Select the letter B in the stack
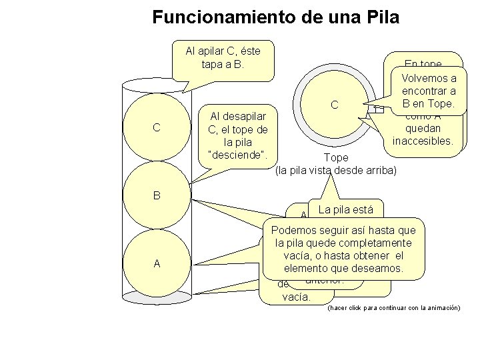156,196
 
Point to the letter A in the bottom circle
156,263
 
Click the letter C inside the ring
335,105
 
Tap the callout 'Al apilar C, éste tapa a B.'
223,58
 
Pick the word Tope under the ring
335,158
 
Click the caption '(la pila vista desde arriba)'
335,171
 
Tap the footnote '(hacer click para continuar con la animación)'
393,308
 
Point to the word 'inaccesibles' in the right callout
423,141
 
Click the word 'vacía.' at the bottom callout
296,297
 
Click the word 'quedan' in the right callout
423,130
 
